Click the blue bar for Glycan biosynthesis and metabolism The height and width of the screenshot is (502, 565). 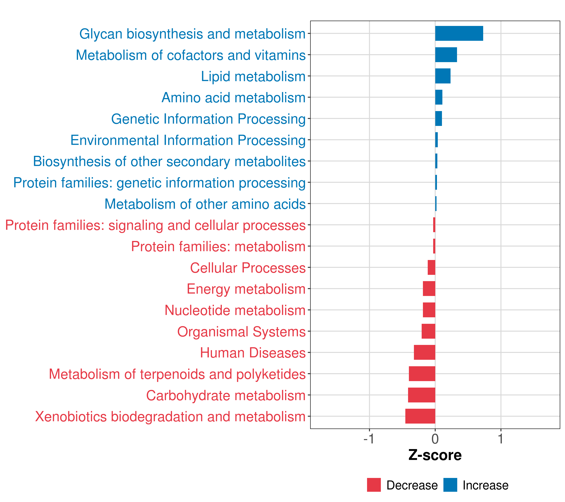(x=459, y=33)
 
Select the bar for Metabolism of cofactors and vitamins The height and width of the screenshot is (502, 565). (x=446, y=55)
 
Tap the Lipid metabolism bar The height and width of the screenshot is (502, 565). (x=443, y=76)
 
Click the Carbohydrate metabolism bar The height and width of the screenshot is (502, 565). (x=421, y=395)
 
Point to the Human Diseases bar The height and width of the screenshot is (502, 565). (x=424, y=352)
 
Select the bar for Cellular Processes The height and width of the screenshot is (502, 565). (x=431, y=268)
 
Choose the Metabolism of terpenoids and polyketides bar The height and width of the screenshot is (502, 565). (x=422, y=374)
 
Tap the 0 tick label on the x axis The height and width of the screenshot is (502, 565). (x=435, y=439)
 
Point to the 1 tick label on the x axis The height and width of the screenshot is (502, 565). (x=501, y=439)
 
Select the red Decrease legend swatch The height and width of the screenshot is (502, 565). (x=374, y=485)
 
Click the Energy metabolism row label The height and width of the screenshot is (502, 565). (x=246, y=289)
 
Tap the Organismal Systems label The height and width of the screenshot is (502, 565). (x=241, y=332)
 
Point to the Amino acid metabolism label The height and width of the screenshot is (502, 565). (x=233, y=97)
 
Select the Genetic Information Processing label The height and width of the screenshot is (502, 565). (x=208, y=119)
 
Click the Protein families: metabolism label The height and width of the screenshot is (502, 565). (x=218, y=246)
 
